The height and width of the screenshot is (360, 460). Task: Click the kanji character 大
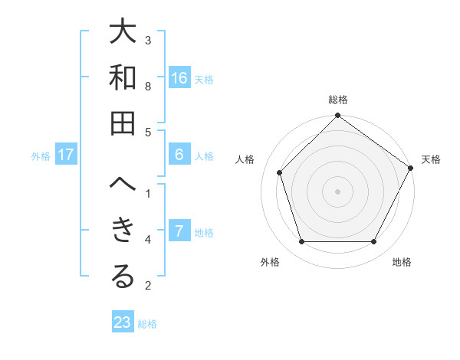(x=123, y=34)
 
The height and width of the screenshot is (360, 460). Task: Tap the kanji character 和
(x=123, y=78)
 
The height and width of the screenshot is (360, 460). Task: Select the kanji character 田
(x=123, y=123)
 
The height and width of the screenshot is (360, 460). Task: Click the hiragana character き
(x=123, y=231)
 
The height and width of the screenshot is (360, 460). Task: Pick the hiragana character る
(x=123, y=277)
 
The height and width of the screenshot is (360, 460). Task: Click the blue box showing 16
(x=179, y=78)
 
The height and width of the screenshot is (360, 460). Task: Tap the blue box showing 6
(x=179, y=155)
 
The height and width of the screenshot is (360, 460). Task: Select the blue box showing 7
(x=179, y=231)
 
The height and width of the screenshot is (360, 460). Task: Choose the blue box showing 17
(x=66, y=155)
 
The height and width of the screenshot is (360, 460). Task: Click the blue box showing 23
(x=122, y=322)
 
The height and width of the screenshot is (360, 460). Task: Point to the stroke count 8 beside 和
(x=148, y=86)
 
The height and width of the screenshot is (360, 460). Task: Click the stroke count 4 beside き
(x=148, y=240)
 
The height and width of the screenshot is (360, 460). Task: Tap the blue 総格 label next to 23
(x=147, y=324)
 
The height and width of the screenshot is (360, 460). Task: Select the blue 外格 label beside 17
(x=41, y=156)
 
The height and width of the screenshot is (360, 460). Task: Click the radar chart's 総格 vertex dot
(x=337, y=116)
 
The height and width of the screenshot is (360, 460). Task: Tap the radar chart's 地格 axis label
(x=402, y=262)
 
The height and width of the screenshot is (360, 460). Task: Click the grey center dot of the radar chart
(x=337, y=191)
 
